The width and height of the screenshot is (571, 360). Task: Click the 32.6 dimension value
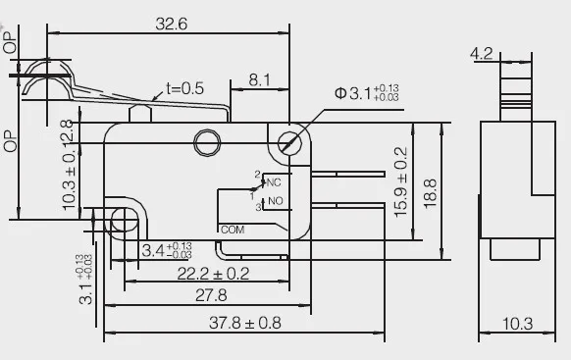[171, 24]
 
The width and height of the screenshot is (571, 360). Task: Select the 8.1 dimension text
[260, 79]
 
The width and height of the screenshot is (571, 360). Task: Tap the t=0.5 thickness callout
[184, 88]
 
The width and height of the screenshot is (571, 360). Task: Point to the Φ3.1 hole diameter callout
[367, 93]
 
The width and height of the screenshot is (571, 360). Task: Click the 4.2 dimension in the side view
[482, 54]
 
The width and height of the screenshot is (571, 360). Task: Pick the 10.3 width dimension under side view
[517, 324]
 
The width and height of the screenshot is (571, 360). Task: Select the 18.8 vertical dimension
[430, 193]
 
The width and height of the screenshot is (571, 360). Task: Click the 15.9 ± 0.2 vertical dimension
[400, 182]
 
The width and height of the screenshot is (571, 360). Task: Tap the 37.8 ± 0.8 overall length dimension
[244, 323]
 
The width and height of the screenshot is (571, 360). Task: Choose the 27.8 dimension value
[211, 295]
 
